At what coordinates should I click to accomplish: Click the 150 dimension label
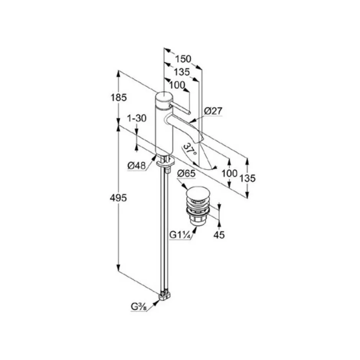coord(183,59)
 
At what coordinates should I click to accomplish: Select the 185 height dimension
coord(119,98)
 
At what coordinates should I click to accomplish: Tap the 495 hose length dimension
coord(118,198)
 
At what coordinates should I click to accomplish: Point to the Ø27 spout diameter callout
coord(213,111)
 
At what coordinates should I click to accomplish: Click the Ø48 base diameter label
coord(137,165)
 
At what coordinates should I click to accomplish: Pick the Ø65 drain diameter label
coord(186,173)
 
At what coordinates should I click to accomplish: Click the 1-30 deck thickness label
coord(137,118)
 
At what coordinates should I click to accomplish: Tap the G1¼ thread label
coord(180,235)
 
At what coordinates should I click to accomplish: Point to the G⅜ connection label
coord(139,306)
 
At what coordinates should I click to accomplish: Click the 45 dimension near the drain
coord(219,235)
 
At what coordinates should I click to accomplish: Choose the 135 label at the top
coord(182,72)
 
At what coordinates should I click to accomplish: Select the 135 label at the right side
coord(247,178)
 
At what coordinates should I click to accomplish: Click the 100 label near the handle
coord(177,85)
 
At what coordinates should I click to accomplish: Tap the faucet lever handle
coord(179,109)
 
